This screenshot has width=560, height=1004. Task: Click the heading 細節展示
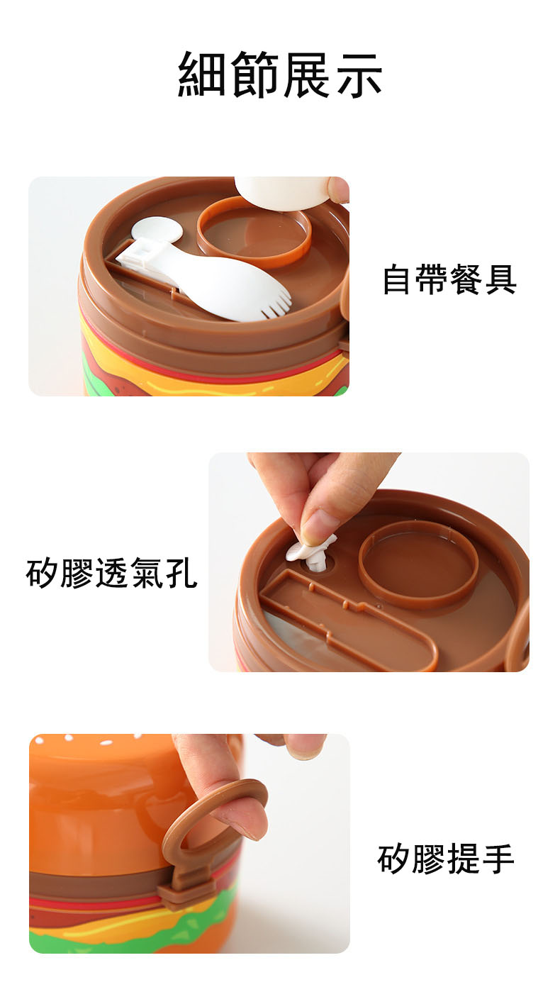(x=280, y=74)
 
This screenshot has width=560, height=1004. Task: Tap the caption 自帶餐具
(x=449, y=279)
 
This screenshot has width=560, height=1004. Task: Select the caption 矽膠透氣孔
(x=111, y=574)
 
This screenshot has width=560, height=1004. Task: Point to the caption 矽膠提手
(x=446, y=859)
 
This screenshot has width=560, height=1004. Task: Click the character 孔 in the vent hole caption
(x=181, y=574)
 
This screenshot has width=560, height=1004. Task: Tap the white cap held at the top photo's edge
(x=283, y=191)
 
